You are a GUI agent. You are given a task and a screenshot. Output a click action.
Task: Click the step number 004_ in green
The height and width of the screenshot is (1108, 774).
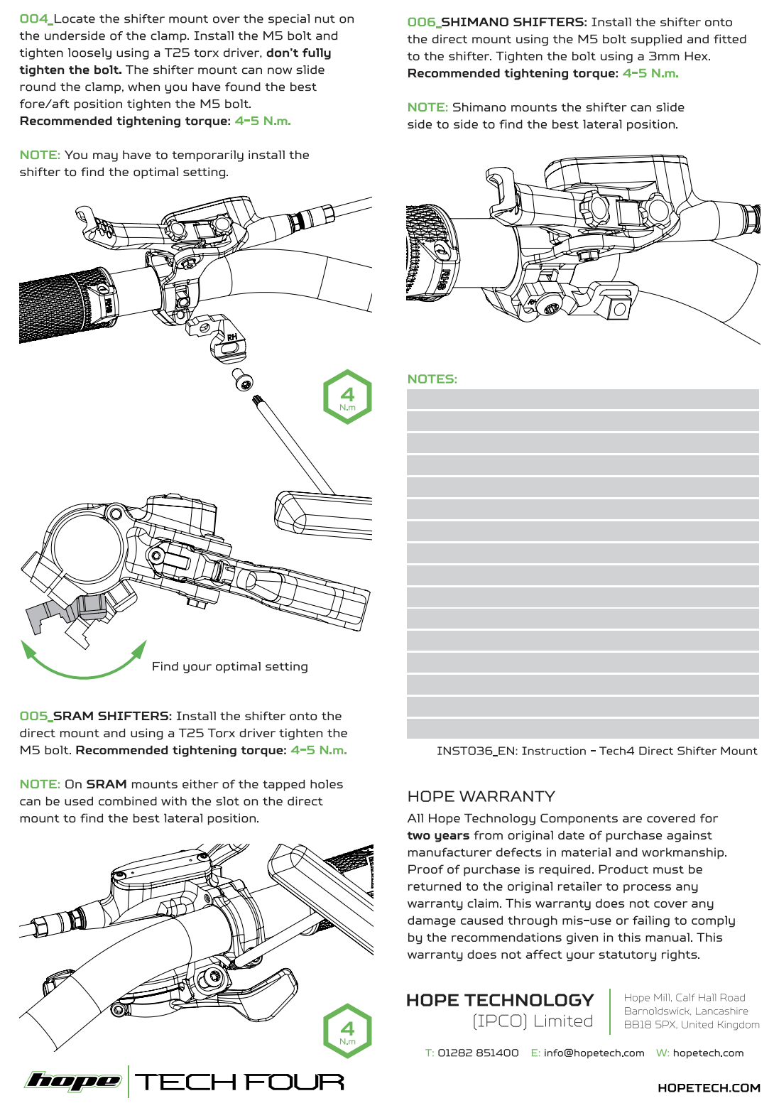[x=36, y=19]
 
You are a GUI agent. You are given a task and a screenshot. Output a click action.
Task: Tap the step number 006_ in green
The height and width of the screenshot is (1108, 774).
[x=423, y=23]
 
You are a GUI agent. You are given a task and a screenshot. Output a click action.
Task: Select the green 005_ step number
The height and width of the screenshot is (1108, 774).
[x=36, y=716]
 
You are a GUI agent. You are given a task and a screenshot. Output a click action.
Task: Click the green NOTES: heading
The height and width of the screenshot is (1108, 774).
[x=432, y=379]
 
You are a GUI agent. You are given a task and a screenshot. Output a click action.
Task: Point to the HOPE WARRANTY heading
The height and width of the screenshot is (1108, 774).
[x=481, y=796]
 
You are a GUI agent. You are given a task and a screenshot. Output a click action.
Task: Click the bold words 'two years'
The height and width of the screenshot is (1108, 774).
[x=438, y=836]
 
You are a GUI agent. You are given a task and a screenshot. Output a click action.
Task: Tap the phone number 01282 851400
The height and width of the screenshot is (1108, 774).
[x=478, y=1053]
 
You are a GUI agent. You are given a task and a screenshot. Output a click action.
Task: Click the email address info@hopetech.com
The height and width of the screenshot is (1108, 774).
[x=594, y=1053]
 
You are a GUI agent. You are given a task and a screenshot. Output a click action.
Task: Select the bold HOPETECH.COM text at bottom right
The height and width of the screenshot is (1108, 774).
[x=708, y=1088]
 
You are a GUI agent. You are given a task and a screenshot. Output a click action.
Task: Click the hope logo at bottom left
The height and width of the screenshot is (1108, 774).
[x=72, y=1081]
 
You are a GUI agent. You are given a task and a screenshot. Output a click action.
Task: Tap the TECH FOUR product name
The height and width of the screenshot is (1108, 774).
[x=240, y=1082]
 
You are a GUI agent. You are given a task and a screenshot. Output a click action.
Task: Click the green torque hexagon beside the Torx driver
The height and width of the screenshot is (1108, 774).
[x=347, y=397]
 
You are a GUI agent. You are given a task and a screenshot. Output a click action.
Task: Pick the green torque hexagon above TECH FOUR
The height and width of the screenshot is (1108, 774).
[x=347, y=1031]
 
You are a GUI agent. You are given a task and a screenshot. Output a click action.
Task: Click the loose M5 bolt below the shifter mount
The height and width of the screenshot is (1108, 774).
[x=243, y=380]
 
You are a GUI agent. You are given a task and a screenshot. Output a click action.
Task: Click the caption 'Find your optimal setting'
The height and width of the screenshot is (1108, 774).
[x=229, y=666]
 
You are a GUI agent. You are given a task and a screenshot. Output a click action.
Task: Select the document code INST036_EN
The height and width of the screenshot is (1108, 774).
[x=476, y=751]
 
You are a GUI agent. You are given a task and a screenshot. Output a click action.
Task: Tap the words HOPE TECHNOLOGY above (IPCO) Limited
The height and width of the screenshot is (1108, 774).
[x=499, y=1000]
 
